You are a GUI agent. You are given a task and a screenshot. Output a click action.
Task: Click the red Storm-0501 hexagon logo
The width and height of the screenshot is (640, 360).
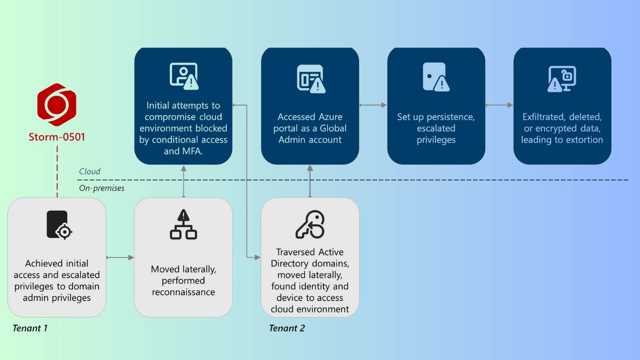pyautogui.click(x=57, y=104)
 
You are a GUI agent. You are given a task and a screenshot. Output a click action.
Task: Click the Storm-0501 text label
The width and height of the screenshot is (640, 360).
pyautogui.click(x=57, y=137)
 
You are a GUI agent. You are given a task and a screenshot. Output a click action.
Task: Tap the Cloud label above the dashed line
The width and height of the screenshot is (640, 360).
pyautogui.click(x=90, y=172)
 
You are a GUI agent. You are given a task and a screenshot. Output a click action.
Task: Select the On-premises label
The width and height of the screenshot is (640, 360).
pyautogui.click(x=102, y=188)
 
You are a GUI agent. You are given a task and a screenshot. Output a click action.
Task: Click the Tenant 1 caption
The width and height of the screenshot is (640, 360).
pyautogui.click(x=30, y=328)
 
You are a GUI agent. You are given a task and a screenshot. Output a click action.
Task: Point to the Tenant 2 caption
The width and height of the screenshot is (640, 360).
pyautogui.click(x=287, y=328)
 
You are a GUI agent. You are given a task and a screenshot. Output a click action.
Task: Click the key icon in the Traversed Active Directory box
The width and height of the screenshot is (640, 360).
pyautogui.click(x=310, y=224)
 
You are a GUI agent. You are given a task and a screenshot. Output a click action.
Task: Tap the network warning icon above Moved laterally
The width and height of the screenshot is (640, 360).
pyautogui.click(x=183, y=224)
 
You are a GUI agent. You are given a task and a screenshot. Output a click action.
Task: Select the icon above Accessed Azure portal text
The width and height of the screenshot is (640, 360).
pyautogui.click(x=311, y=79)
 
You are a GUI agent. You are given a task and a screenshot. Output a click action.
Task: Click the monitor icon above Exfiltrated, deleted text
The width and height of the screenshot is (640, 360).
pyautogui.click(x=562, y=79)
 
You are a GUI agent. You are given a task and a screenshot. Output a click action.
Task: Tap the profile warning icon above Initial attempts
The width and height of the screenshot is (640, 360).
pyautogui.click(x=184, y=76)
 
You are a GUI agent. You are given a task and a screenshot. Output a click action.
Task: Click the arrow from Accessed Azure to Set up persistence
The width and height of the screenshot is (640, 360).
pyautogui.click(x=373, y=105)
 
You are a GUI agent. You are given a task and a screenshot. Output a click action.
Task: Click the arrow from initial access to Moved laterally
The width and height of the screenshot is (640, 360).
pyautogui.click(x=120, y=258)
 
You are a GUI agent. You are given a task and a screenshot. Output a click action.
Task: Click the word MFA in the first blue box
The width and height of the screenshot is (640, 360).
pyautogui.click(x=192, y=151)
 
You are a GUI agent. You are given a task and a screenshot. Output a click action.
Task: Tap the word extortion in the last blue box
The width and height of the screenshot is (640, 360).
pyautogui.click(x=584, y=140)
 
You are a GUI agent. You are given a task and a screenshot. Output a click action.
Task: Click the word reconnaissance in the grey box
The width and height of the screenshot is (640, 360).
pyautogui.click(x=183, y=292)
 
